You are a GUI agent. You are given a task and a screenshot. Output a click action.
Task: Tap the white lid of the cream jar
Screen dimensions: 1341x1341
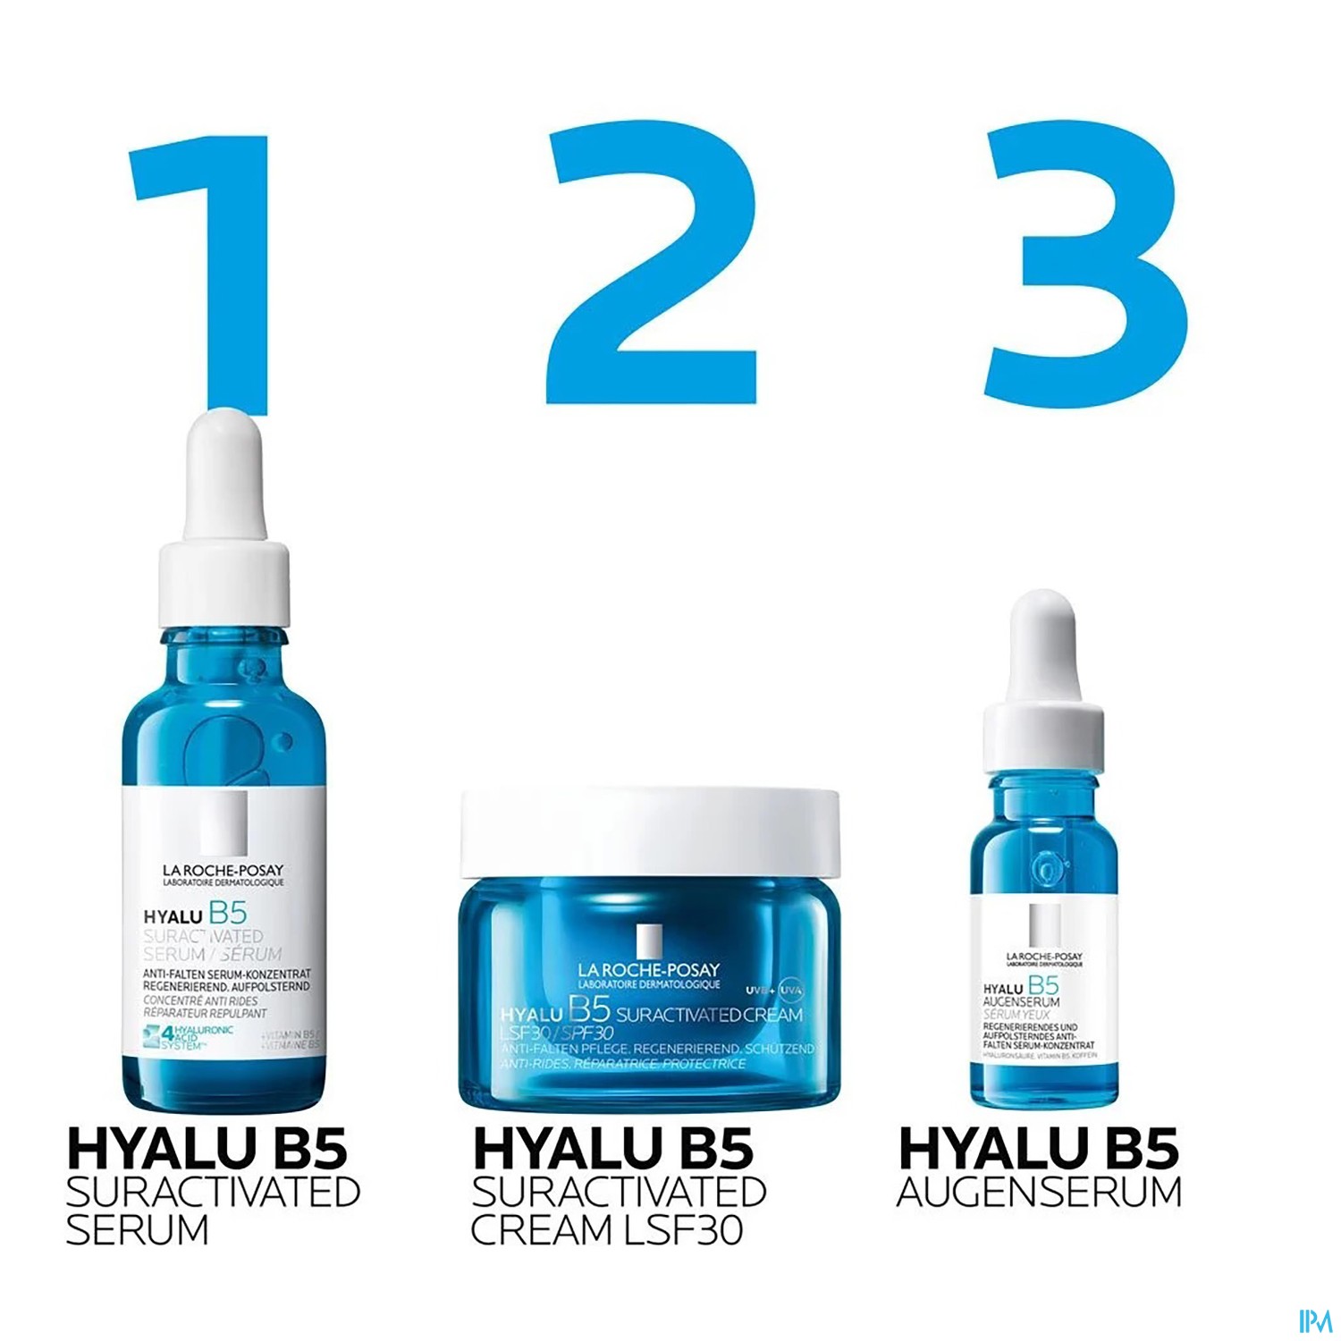(x=650, y=831)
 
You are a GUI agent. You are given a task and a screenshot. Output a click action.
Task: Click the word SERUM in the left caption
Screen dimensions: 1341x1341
(x=137, y=1230)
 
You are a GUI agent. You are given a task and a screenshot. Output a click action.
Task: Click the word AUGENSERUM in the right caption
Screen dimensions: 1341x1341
(x=1039, y=1192)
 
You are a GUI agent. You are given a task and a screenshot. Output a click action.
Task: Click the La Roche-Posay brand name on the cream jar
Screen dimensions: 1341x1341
(x=649, y=970)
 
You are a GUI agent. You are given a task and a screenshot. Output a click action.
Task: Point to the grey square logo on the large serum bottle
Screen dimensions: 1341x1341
(x=223, y=823)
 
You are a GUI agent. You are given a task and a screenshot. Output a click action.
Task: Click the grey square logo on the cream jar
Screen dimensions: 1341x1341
(x=649, y=940)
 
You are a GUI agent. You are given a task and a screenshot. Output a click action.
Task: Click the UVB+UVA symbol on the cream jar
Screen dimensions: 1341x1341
(x=774, y=990)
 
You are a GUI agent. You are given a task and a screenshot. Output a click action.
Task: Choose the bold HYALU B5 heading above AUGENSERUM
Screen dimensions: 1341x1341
(x=1039, y=1150)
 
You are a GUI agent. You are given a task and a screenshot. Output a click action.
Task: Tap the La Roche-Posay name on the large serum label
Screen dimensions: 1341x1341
(x=223, y=871)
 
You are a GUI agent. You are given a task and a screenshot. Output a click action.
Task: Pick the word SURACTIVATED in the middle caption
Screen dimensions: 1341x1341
(x=619, y=1192)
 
